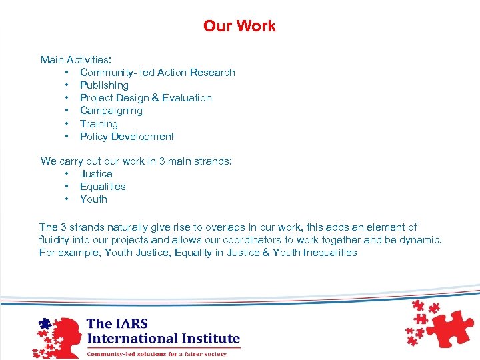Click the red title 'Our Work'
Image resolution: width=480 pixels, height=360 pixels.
(x=239, y=26)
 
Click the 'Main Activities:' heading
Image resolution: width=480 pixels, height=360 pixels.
(x=75, y=60)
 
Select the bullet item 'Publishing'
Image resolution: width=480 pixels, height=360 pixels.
(x=104, y=85)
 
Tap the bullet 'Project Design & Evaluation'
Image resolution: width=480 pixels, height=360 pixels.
(x=145, y=98)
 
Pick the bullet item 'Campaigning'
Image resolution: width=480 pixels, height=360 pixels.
(x=111, y=111)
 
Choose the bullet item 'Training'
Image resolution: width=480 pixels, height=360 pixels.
(x=99, y=124)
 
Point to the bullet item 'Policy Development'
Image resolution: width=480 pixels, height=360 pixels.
(x=127, y=137)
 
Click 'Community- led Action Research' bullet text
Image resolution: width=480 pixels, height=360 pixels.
(x=157, y=73)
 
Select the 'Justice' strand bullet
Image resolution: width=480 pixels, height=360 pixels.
(x=96, y=174)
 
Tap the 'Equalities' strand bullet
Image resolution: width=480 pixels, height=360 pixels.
(x=103, y=187)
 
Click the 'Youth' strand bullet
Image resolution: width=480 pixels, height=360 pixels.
(x=93, y=199)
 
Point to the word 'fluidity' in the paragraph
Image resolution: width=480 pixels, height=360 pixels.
(x=55, y=240)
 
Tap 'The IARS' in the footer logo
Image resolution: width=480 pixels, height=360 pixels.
(x=117, y=324)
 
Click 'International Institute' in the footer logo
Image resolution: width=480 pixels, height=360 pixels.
(x=163, y=338)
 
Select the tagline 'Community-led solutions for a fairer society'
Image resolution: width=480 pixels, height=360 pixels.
(x=157, y=353)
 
